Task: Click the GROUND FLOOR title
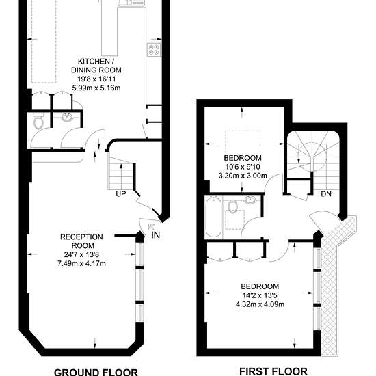click(x=96, y=372)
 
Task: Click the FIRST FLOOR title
click(x=273, y=371)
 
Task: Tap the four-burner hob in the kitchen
click(x=154, y=49)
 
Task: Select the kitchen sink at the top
click(x=131, y=3)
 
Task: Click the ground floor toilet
click(x=38, y=121)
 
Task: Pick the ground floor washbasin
click(x=68, y=118)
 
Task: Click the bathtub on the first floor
click(x=213, y=217)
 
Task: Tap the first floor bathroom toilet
click(x=232, y=206)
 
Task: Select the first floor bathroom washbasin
click(x=251, y=199)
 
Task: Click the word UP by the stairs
click(x=121, y=194)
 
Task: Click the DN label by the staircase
click(x=326, y=194)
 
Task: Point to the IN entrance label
click(x=156, y=235)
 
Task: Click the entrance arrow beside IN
click(x=151, y=226)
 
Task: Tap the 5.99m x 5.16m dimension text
click(x=96, y=88)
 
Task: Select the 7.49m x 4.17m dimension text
click(x=81, y=263)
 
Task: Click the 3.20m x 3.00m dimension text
click(x=243, y=176)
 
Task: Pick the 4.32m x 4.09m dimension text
click(x=260, y=304)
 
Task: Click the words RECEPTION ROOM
click(x=81, y=241)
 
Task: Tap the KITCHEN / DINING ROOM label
click(x=96, y=66)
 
